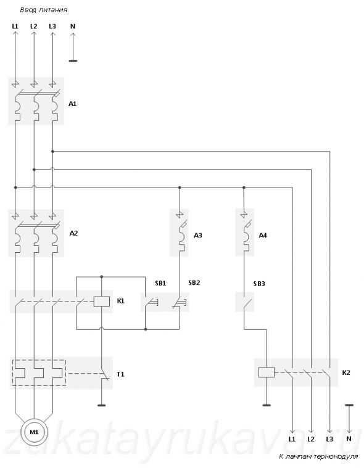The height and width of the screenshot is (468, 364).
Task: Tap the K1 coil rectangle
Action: (x=102, y=302)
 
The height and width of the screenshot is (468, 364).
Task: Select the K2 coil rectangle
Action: (x=267, y=372)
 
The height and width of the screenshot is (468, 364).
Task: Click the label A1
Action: (x=73, y=104)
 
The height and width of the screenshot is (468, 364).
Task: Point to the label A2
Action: (x=73, y=233)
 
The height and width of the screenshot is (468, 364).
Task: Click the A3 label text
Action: (x=197, y=235)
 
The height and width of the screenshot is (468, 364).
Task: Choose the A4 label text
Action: (x=262, y=236)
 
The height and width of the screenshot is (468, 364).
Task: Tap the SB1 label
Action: (x=160, y=283)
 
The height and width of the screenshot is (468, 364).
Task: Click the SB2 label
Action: (x=194, y=282)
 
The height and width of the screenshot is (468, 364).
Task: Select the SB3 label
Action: (x=259, y=284)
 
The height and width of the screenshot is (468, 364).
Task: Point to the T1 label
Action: (x=120, y=374)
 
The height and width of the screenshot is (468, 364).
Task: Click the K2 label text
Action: (x=346, y=372)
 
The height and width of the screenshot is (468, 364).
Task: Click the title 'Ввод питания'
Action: (x=44, y=10)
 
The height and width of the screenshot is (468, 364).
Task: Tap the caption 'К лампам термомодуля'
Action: (x=318, y=456)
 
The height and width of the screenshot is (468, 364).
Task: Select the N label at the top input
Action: (x=73, y=27)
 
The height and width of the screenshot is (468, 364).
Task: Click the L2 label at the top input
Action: (x=34, y=27)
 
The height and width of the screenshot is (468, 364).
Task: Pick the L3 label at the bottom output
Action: (x=329, y=439)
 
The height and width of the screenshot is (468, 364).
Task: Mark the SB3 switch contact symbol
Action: (x=247, y=302)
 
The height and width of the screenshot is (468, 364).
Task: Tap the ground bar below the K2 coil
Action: (x=267, y=405)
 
